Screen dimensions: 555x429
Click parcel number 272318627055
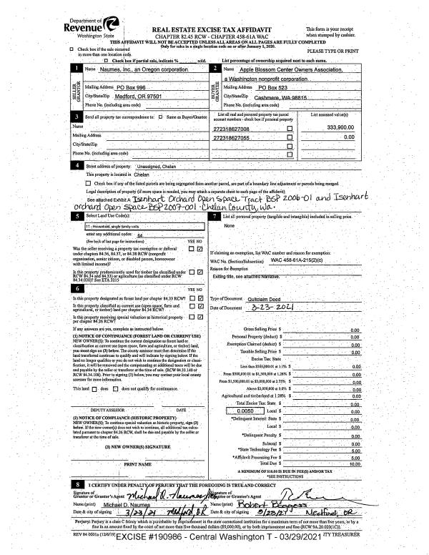pyautogui.click(x=237, y=137)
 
